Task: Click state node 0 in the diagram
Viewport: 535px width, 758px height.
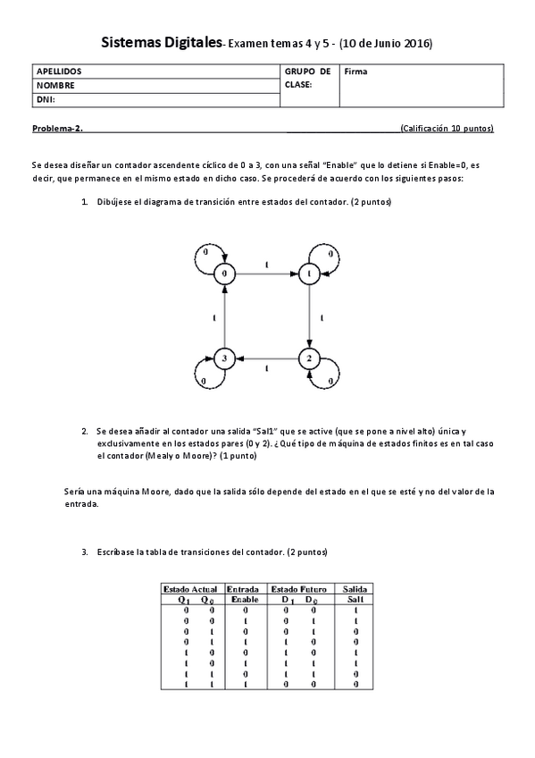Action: pos(225,273)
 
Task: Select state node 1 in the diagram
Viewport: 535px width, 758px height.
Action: pos(308,273)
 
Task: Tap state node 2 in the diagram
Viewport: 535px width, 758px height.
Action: pos(308,358)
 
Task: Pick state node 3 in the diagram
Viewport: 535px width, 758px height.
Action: pos(225,358)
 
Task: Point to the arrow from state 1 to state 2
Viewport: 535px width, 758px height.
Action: pos(308,316)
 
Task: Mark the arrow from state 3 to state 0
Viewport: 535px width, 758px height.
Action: pos(225,316)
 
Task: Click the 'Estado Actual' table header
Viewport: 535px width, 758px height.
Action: pos(191,589)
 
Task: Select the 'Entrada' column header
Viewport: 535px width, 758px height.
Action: pos(244,589)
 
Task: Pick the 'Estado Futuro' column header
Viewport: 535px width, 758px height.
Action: pos(298,589)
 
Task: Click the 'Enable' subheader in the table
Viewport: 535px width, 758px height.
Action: pos(244,599)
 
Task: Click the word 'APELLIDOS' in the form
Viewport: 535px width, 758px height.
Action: pos(59,71)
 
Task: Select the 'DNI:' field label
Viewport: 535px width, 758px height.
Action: pos(46,100)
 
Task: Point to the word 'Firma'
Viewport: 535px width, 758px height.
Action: pos(355,71)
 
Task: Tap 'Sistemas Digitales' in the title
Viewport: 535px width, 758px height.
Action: pos(161,42)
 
